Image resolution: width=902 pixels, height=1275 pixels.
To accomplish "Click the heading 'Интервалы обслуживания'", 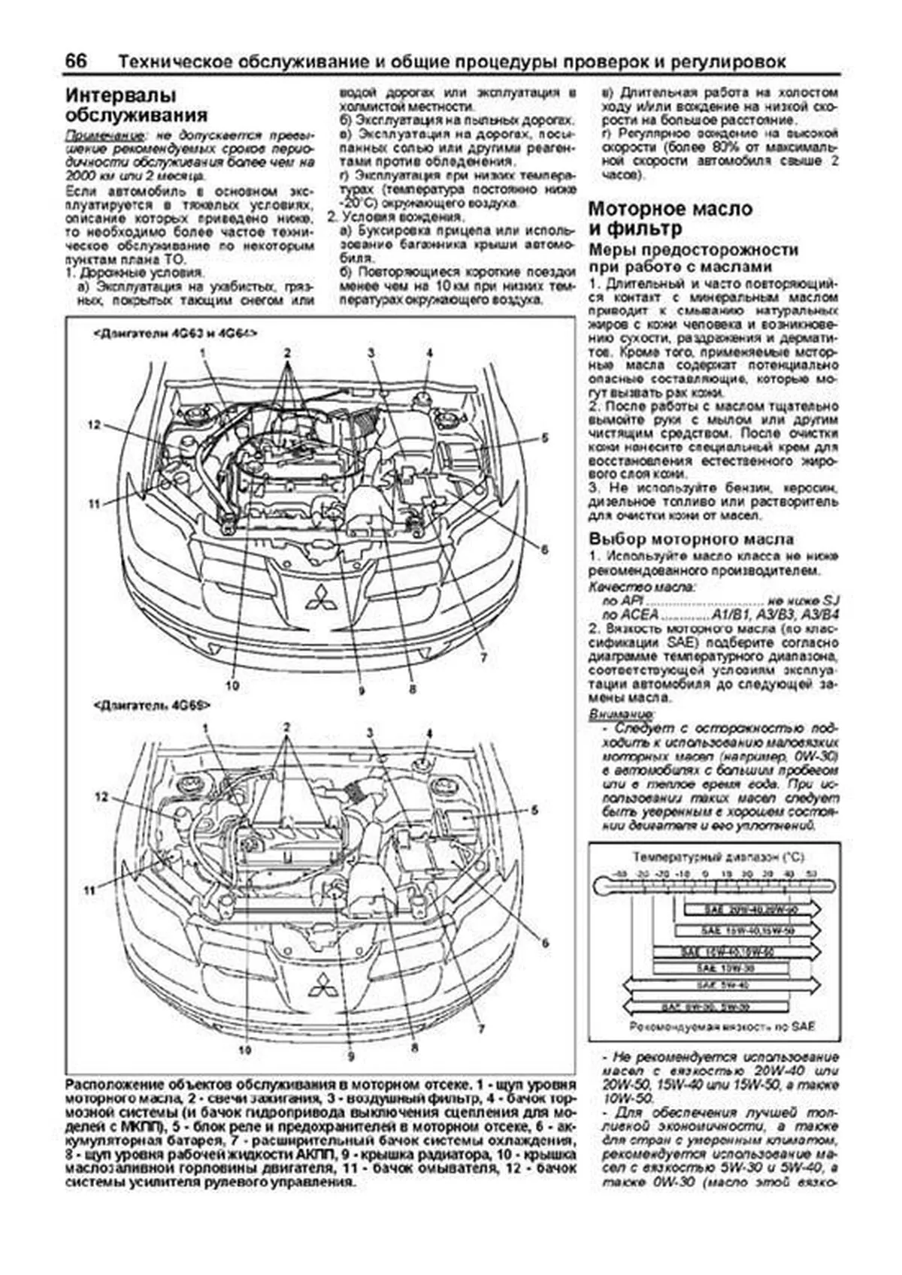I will click(x=136, y=106).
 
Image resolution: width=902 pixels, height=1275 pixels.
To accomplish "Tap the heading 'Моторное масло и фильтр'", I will click(x=670, y=219).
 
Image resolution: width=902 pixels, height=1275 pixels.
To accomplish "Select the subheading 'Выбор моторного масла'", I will click(x=691, y=539).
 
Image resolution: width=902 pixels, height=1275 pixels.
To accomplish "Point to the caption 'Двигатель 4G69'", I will click(x=151, y=706).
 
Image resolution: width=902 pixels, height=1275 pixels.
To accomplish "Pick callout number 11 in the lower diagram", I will click(x=90, y=890).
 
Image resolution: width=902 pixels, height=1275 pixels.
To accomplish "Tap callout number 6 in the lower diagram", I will click(x=545, y=943).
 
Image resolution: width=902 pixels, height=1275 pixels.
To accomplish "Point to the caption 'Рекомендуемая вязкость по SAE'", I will click(x=722, y=1026).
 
